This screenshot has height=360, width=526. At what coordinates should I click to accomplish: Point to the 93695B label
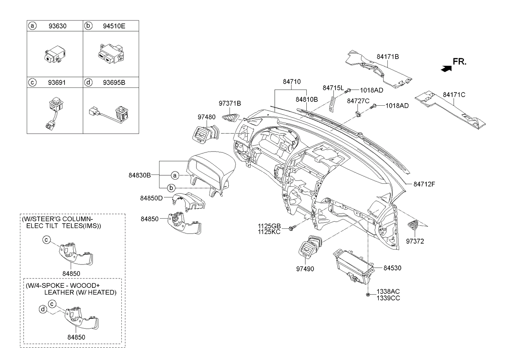coord(113,82)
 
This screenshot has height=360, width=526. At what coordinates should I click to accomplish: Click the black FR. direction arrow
coord(445,68)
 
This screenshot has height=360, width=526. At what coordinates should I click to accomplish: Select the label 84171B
coord(388,56)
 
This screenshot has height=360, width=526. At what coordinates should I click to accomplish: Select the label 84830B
coord(140,175)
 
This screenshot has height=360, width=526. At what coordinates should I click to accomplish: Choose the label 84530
coord(392,268)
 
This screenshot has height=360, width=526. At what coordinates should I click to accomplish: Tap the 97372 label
coord(415,241)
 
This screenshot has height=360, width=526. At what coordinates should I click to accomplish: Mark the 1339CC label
coord(388,298)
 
